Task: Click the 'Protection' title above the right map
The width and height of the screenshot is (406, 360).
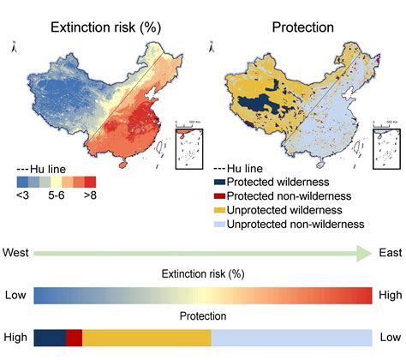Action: click(x=302, y=27)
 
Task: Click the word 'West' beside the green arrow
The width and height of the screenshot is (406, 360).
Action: click(x=17, y=253)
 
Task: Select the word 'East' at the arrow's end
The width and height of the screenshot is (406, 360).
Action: click(x=391, y=253)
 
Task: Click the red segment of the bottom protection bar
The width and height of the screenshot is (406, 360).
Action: click(x=74, y=338)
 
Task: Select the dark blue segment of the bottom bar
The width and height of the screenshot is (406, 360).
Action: click(x=50, y=338)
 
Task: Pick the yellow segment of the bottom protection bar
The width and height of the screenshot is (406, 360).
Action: click(x=146, y=338)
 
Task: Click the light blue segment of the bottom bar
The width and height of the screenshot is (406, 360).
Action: click(x=291, y=338)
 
